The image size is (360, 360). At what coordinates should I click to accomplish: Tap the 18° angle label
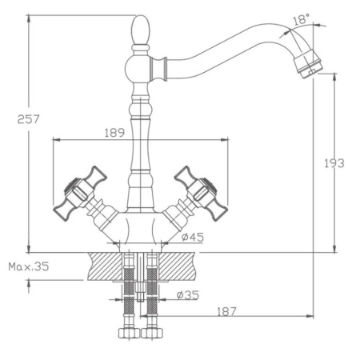[301, 19]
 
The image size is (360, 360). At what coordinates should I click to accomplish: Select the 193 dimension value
[336, 163]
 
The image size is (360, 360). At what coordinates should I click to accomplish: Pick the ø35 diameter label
[190, 295]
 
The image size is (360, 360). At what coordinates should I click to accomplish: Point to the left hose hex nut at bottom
[125, 331]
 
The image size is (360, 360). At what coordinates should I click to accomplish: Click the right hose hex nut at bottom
[154, 331]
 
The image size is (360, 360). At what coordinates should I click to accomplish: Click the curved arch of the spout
[232, 36]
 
